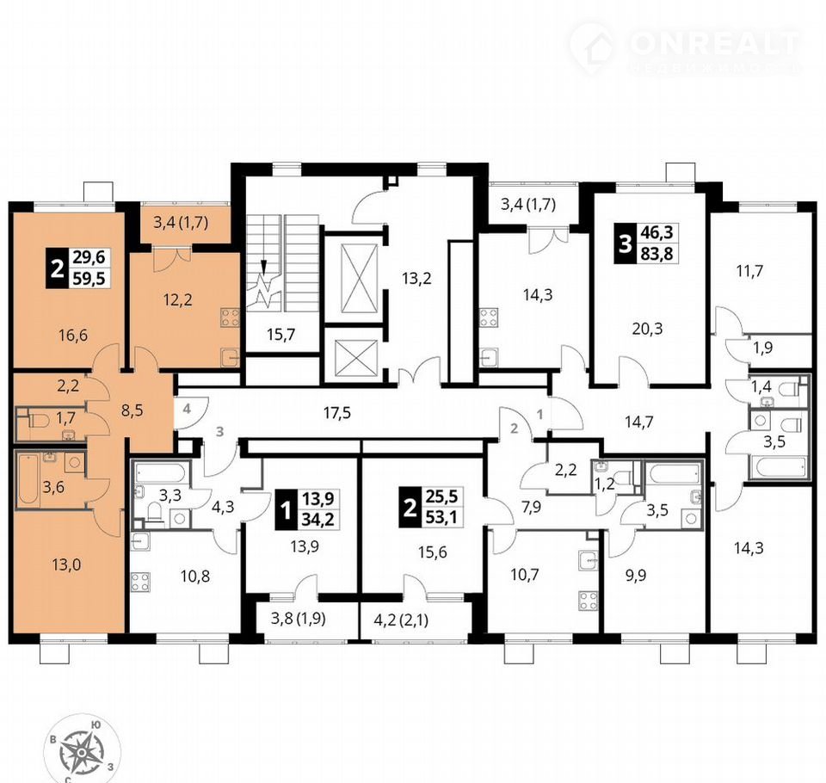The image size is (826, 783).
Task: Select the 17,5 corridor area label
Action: pos(337,412)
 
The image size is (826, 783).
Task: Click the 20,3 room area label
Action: pos(647,329)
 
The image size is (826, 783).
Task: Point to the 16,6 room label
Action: pos(73,335)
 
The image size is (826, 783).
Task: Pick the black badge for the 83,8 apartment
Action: pos(625,244)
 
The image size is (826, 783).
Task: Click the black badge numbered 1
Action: pos(286,509)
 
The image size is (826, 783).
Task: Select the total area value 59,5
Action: pos(89,277)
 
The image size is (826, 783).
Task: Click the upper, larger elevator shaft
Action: pos(360,278)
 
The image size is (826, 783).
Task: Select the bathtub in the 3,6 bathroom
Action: pos(28,479)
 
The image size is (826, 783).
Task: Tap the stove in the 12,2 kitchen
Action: pos(231,318)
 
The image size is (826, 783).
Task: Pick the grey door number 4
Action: pos(188,409)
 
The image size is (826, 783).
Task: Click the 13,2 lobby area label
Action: pos(416,278)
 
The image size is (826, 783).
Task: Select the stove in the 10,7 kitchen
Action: pos(588,601)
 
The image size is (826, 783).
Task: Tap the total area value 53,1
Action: pos(441,517)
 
